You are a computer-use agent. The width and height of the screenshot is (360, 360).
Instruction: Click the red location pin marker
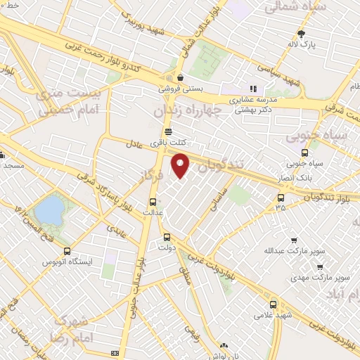pyautogui.click(x=181, y=165)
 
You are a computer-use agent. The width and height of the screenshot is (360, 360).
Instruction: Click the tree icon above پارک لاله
pyautogui.click(x=302, y=33)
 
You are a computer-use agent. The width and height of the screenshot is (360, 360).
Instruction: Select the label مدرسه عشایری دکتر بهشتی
pyautogui.click(x=252, y=105)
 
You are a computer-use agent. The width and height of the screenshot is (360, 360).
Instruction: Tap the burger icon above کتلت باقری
pyautogui.click(x=167, y=131)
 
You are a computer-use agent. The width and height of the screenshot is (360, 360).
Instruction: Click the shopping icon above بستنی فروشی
pyautogui.click(x=181, y=77)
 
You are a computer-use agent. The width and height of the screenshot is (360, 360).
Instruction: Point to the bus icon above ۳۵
pyautogui.click(x=281, y=198)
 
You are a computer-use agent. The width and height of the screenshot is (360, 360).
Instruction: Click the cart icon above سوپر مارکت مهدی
pyautogui.click(x=320, y=268)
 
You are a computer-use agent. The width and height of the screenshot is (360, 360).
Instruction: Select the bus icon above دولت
pyautogui.click(x=167, y=237)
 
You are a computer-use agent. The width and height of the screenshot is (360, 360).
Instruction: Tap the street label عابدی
pyautogui.click(x=116, y=231)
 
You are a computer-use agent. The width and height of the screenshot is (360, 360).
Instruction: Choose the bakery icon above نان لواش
pyautogui.click(x=224, y=345)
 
